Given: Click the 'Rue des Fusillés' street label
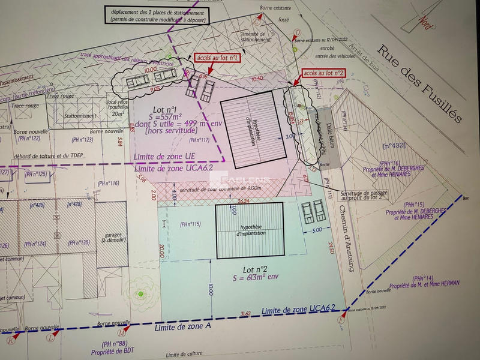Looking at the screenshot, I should coord(421,83).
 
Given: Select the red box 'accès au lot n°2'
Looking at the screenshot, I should coord(325,73).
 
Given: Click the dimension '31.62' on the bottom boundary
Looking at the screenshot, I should coord(245,314).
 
